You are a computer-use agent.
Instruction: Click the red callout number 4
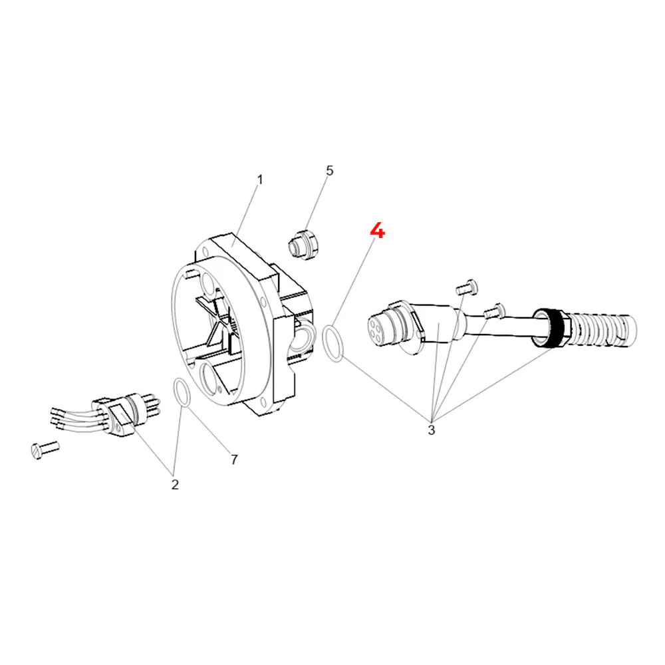coord(377,231)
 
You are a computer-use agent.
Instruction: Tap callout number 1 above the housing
coord(260,180)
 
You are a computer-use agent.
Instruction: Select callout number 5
coord(330,171)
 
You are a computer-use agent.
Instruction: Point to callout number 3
coord(432,430)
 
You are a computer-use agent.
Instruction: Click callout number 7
coord(234,460)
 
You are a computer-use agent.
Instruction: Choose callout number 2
coord(175,484)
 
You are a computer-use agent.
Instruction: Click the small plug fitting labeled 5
coord(305,245)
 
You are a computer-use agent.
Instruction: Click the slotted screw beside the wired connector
coord(45,449)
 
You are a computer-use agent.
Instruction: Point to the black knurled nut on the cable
coord(554,328)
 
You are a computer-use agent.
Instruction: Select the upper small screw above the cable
coord(467,287)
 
